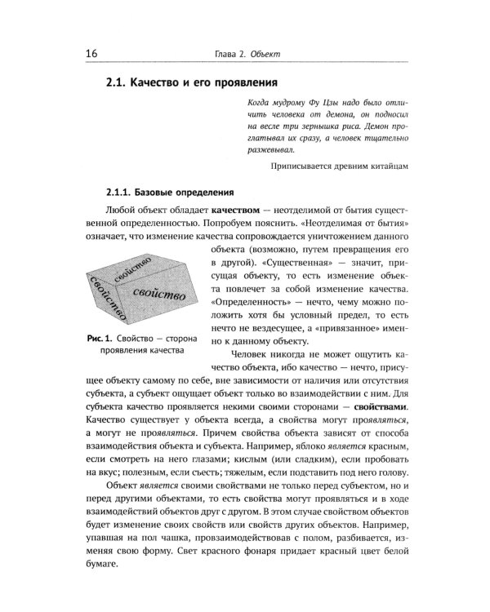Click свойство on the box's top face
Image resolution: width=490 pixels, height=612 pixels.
[136, 270]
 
